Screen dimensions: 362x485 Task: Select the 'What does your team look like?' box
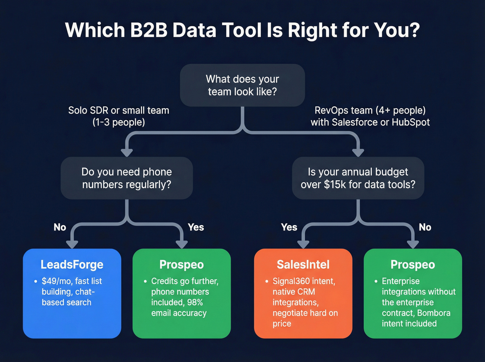(x=242, y=85)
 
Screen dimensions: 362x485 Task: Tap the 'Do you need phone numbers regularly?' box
(x=126, y=178)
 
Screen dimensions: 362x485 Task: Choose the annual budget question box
(x=358, y=178)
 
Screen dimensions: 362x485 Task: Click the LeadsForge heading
(x=72, y=265)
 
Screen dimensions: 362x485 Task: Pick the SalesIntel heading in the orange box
(x=303, y=265)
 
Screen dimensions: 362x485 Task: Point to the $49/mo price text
(x=55, y=281)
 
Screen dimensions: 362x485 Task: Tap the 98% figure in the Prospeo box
(x=195, y=302)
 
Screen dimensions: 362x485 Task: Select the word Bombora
(x=433, y=313)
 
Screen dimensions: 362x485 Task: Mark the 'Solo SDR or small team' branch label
(x=118, y=111)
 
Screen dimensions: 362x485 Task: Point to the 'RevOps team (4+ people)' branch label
(x=370, y=111)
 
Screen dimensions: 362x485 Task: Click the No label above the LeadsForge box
(x=60, y=227)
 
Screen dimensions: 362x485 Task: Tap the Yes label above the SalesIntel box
(x=289, y=227)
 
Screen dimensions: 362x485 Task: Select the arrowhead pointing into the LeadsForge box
(x=72, y=244)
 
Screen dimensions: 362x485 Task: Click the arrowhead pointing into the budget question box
(x=358, y=152)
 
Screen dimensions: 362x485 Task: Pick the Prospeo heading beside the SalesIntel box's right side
(x=413, y=265)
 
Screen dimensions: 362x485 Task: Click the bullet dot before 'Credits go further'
(x=145, y=281)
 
